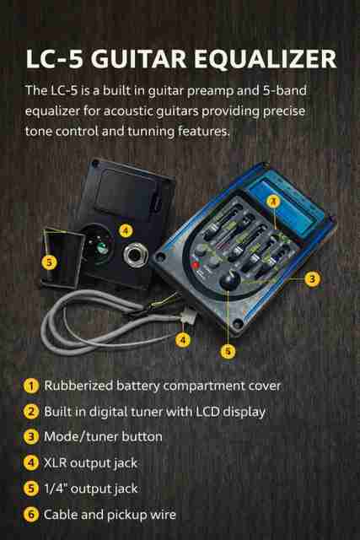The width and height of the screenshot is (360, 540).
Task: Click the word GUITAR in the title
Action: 139,59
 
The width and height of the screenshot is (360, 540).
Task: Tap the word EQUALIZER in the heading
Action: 266,60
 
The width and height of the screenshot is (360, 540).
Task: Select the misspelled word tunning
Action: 151,132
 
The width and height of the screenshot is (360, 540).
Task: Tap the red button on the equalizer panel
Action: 196,265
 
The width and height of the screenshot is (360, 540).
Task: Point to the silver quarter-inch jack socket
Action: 136,254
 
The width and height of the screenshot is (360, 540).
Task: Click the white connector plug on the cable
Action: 189,316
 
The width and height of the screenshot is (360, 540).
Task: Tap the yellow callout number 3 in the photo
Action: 312,278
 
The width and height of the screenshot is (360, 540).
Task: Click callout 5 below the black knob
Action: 228,351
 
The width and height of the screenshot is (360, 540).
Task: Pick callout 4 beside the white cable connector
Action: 183,340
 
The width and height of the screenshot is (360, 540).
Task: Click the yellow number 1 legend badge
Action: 31,386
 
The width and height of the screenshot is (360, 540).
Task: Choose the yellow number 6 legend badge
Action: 31,515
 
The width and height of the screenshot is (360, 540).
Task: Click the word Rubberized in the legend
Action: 78,386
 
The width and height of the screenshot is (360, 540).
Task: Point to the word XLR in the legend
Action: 55,462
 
